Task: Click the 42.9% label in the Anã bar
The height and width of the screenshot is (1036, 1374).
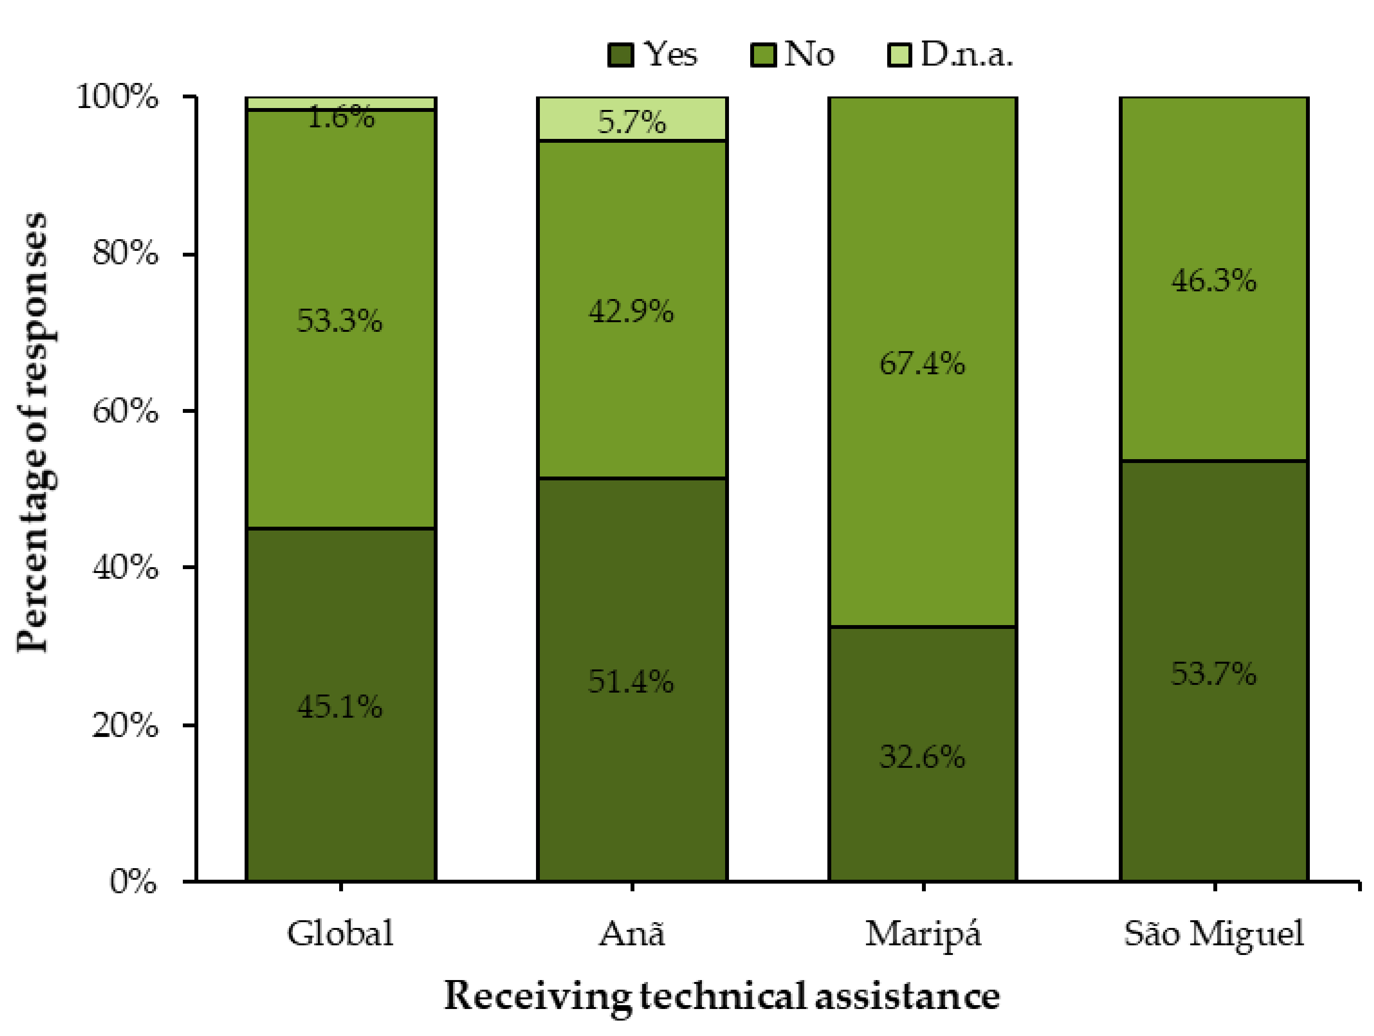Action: (631, 311)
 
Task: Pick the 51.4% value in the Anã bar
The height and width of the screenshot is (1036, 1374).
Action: (631, 682)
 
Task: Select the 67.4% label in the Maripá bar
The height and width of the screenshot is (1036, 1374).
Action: (922, 363)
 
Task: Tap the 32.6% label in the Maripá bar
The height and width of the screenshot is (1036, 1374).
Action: (922, 757)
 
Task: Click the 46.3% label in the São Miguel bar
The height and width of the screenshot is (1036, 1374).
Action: (1214, 281)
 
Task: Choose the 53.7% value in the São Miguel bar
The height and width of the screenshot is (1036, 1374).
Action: (1214, 673)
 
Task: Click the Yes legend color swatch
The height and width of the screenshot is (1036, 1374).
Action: (620, 55)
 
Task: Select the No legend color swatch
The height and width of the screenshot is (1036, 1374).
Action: (763, 55)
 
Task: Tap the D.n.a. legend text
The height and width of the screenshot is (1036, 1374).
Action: (966, 55)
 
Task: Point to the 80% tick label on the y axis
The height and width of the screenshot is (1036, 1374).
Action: (125, 253)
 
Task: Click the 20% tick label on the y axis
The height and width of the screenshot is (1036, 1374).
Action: (125, 724)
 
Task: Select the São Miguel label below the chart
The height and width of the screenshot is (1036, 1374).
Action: (1214, 934)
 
